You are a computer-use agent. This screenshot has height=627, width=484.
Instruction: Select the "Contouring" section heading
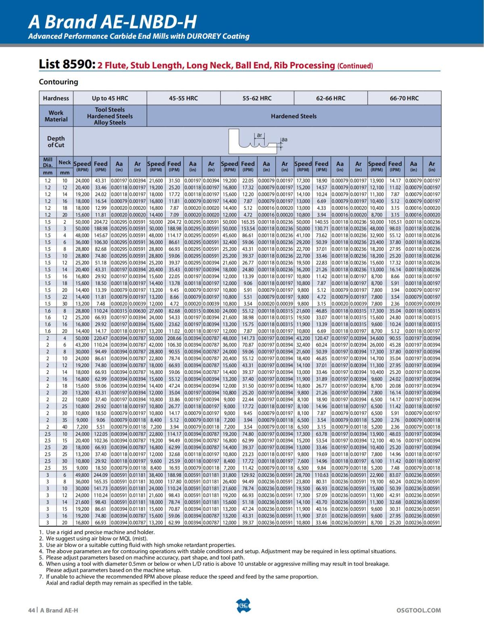(58, 82)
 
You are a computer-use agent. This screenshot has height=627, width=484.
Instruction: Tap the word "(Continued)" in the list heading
(355, 66)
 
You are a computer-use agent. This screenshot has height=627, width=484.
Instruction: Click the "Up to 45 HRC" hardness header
(110, 98)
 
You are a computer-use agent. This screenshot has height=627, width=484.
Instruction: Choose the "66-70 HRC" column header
(404, 98)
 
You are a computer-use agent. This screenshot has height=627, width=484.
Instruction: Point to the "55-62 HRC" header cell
(257, 98)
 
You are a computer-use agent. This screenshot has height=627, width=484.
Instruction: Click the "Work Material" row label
(56, 116)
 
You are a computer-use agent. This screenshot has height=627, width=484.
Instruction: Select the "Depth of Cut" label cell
(56, 142)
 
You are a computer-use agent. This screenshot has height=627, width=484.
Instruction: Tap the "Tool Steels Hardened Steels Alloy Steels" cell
(110, 116)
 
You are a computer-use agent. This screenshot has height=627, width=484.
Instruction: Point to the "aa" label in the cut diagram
(284, 140)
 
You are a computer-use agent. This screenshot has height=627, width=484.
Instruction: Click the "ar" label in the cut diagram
(260, 135)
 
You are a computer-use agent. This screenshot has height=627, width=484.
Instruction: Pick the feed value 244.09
(101, 475)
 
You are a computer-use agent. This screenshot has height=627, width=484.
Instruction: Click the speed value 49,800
(82, 475)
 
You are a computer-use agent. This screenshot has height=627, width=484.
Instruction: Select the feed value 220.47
(101, 338)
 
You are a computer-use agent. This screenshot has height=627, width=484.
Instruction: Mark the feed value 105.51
(395, 222)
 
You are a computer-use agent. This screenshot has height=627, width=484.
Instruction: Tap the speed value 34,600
(376, 338)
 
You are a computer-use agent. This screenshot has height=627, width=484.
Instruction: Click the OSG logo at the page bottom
(242, 605)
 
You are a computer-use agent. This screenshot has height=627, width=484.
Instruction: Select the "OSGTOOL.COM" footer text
(419, 610)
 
